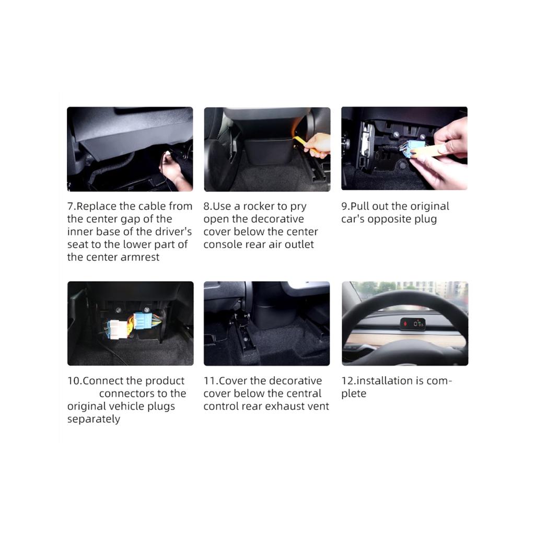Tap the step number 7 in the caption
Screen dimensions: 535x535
click(x=71, y=206)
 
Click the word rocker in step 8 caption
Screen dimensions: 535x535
click(x=259, y=206)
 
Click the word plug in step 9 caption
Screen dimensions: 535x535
click(x=425, y=219)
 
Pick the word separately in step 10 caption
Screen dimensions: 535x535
click(x=94, y=419)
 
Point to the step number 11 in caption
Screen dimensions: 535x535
click(x=210, y=381)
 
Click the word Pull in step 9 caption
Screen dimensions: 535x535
click(x=360, y=206)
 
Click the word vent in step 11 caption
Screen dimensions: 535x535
click(x=319, y=406)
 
